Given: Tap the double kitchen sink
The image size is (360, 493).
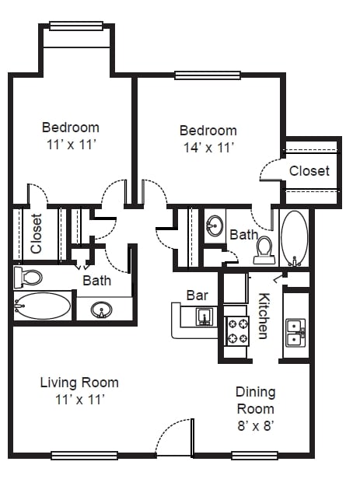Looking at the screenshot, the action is (x=295, y=333).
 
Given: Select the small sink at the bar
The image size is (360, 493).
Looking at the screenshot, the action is (x=204, y=316).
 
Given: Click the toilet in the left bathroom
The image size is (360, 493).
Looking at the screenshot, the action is (x=28, y=278).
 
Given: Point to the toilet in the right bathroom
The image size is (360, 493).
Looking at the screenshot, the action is (x=264, y=250).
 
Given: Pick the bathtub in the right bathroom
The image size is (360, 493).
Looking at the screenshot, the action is (x=294, y=239).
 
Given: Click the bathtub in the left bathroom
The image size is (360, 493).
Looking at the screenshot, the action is (x=42, y=306).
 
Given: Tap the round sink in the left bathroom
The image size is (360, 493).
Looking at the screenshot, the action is (x=101, y=309).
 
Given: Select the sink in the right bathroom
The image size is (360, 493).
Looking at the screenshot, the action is (x=215, y=226).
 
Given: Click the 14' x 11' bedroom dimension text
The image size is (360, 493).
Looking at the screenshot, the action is (x=208, y=148).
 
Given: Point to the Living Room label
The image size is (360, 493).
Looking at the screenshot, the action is (x=79, y=383).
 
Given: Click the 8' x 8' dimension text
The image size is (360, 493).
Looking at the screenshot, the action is (x=255, y=426).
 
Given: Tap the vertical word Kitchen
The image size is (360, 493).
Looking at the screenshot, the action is (x=264, y=316).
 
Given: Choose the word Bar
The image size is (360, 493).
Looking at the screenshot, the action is (x=197, y=295).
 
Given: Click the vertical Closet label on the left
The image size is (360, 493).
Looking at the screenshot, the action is (x=37, y=233).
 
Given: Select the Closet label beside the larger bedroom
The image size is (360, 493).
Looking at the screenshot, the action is (x=309, y=171).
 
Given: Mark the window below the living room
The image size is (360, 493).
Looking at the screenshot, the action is (x=84, y=456).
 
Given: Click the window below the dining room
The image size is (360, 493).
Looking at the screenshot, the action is (x=255, y=455).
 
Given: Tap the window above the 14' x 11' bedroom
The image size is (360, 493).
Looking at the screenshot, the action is (x=208, y=75).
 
